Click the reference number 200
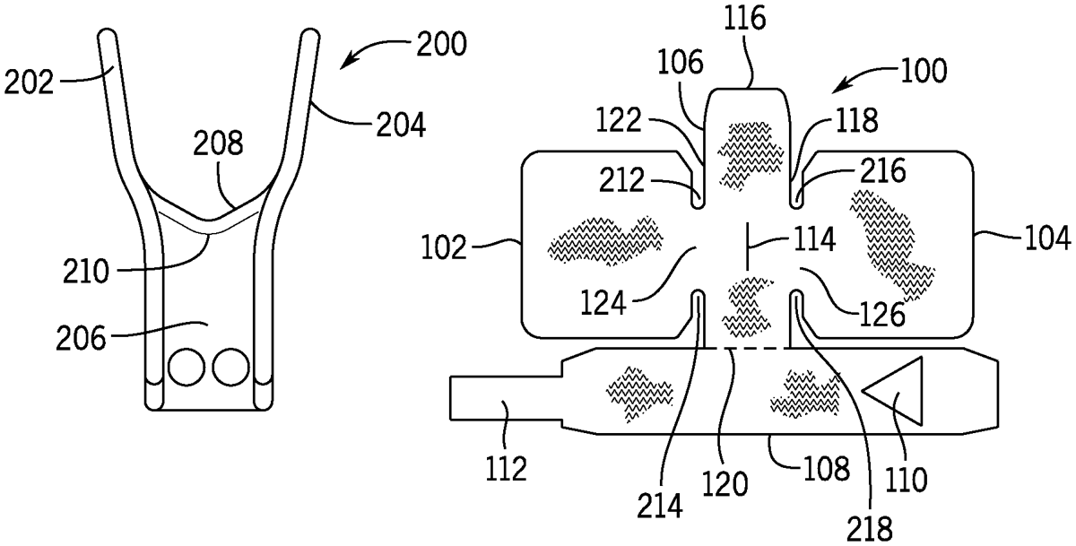point(441,45)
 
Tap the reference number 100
point(924,71)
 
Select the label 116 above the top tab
point(745,19)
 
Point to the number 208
point(218,143)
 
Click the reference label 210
point(86,272)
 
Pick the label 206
point(80,338)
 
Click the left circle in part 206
point(187,368)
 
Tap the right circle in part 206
point(231,368)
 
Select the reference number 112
point(507,469)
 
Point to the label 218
point(870,529)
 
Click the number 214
point(660,506)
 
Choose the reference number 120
point(725,483)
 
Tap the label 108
point(827,468)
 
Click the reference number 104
point(1048,238)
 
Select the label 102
point(444,248)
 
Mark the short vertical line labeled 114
point(747,247)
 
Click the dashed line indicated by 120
point(747,348)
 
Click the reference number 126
point(882,315)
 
